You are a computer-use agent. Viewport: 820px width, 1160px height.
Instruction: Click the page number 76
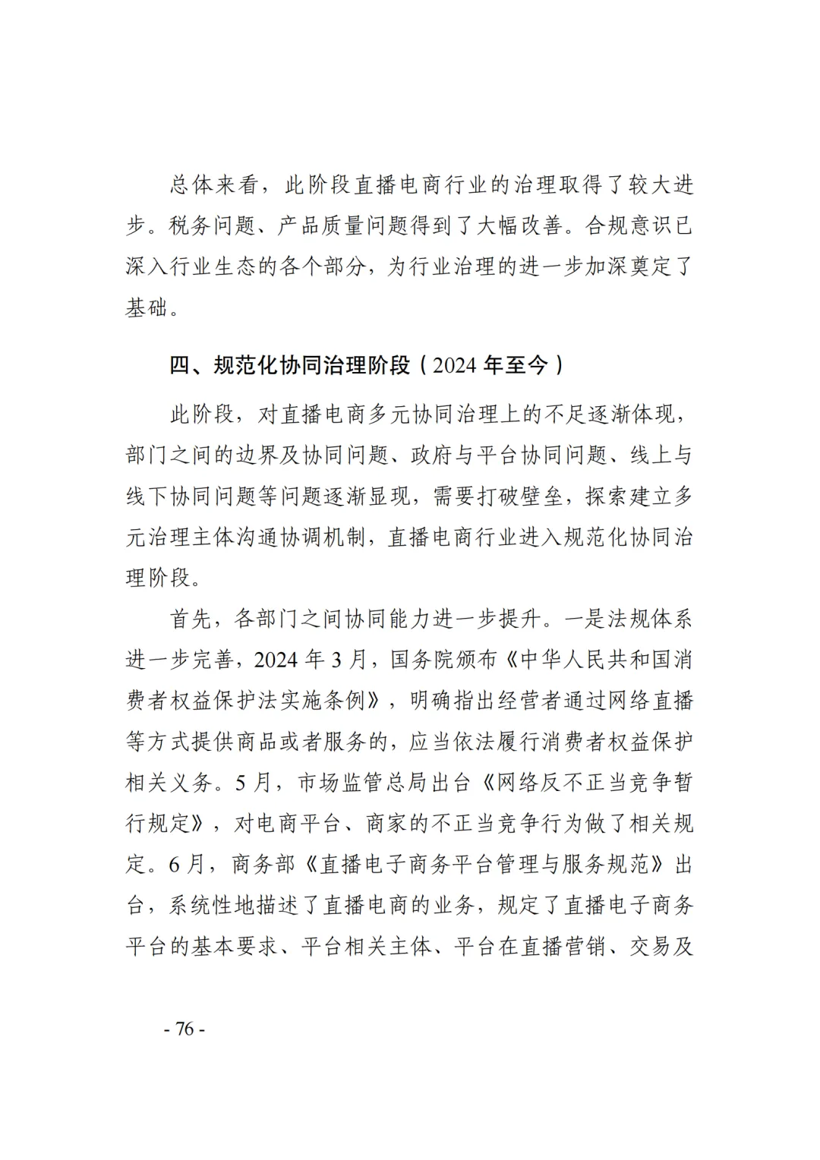184,1029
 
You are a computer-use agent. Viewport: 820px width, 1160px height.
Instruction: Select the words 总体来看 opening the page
212,185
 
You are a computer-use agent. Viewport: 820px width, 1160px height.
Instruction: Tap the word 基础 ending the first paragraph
147,308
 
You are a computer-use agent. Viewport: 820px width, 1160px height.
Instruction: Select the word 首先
190,619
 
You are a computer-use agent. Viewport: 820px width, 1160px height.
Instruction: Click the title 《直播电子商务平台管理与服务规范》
481,865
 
